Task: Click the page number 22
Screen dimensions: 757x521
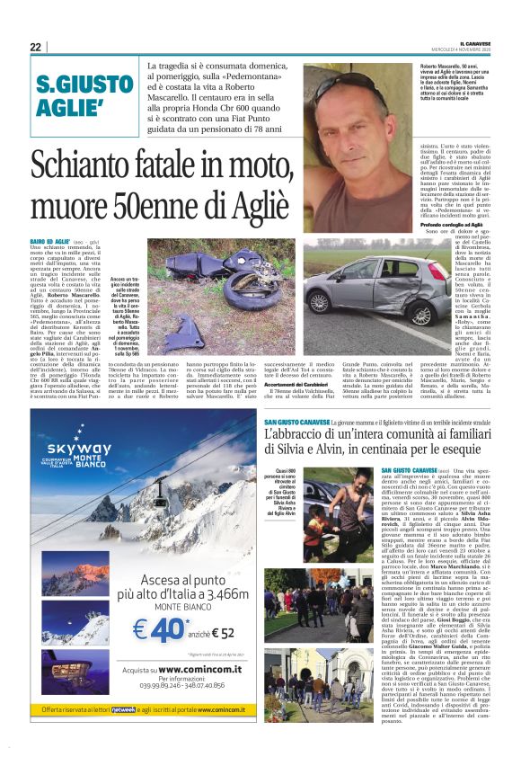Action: coord(36,46)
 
